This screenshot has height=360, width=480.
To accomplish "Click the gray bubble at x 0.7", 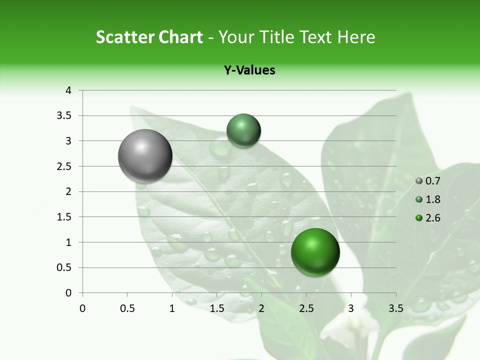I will [x=145, y=156].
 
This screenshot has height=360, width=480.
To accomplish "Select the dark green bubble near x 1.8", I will [x=243, y=130].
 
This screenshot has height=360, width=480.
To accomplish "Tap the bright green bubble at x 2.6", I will [x=315, y=252].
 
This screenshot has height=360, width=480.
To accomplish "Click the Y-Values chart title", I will [x=249, y=70].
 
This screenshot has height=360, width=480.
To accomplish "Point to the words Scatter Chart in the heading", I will [x=149, y=37].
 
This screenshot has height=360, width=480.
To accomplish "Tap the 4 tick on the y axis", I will [x=68, y=90].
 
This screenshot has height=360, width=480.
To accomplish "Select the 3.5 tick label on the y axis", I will [x=64, y=116].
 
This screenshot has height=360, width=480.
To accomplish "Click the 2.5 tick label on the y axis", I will [x=64, y=166].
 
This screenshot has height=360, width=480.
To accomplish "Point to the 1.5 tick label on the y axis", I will [x=64, y=217].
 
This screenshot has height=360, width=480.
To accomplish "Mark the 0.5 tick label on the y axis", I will [x=64, y=267].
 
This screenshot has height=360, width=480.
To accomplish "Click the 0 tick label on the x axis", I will [x=82, y=308].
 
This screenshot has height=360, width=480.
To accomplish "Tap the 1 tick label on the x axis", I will [x=172, y=308].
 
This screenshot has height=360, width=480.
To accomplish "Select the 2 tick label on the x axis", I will [x=261, y=308].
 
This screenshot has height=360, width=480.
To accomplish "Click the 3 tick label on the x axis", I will [x=351, y=308].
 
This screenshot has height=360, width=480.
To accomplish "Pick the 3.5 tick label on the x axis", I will [x=396, y=308].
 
